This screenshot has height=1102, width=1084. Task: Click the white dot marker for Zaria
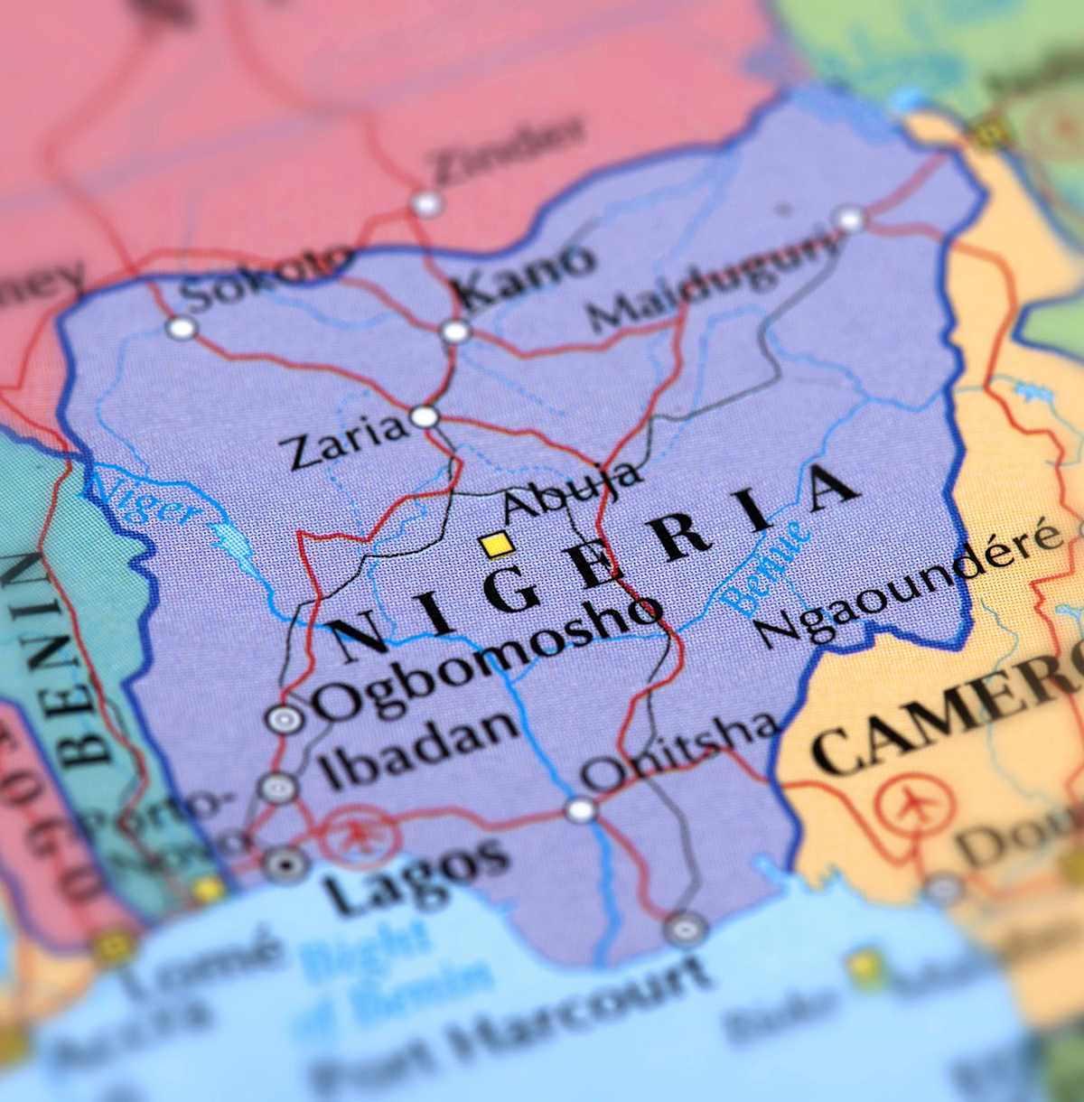click(x=425, y=417)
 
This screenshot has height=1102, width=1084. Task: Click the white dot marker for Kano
click(x=455, y=332)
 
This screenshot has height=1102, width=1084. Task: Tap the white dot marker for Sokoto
click(x=182, y=327)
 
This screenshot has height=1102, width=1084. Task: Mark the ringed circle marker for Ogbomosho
click(x=285, y=719)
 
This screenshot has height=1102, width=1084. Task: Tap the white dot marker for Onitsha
click(x=581, y=809)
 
